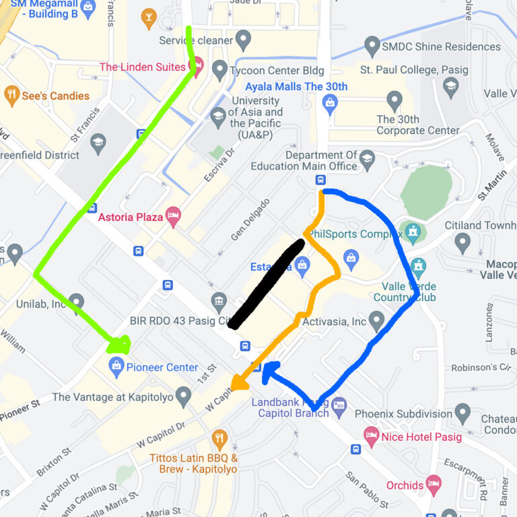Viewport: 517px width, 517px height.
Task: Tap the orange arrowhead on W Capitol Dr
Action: (238, 384)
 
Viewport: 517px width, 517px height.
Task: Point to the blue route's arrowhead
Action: (270, 370)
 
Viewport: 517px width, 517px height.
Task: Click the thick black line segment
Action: (265, 284)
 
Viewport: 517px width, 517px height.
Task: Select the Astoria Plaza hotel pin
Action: (173, 216)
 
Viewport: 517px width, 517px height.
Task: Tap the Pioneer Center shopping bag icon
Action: (116, 367)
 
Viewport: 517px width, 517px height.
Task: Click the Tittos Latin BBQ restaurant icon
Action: (219, 440)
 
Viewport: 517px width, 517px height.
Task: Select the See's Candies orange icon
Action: (11, 96)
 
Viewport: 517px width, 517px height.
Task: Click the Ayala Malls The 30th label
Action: (296, 87)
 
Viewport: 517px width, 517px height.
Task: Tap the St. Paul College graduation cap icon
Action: (451, 86)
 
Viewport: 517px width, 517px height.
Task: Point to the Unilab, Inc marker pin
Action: (76, 302)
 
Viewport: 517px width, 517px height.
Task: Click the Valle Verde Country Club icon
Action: (419, 267)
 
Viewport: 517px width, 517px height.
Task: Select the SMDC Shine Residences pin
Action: (372, 46)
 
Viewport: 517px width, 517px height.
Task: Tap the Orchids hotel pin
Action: (434, 484)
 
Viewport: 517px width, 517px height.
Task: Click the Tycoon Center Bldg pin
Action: (219, 69)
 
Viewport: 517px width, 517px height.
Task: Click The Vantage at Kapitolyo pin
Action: (183, 397)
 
